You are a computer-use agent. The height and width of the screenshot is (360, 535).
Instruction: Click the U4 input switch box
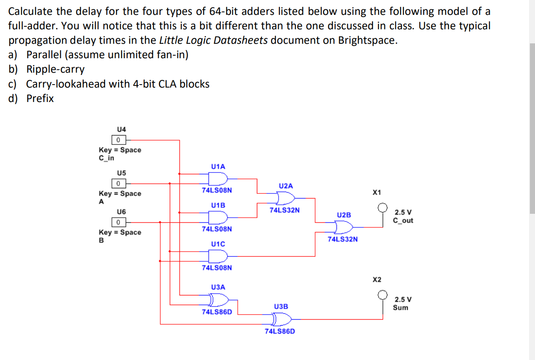[x=118, y=139]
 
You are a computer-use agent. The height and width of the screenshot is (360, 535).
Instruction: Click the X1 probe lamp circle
[x=383, y=207]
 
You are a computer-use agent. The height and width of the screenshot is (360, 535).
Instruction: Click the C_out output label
[x=403, y=221]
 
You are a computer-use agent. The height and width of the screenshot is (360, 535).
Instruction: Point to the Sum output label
[x=401, y=308]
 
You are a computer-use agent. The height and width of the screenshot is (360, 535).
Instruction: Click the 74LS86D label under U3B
[x=279, y=331]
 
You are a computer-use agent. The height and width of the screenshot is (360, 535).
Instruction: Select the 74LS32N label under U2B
[x=342, y=239]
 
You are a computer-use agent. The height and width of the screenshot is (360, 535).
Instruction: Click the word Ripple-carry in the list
[x=55, y=69]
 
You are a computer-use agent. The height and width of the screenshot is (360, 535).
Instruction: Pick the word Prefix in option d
[x=40, y=99]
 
